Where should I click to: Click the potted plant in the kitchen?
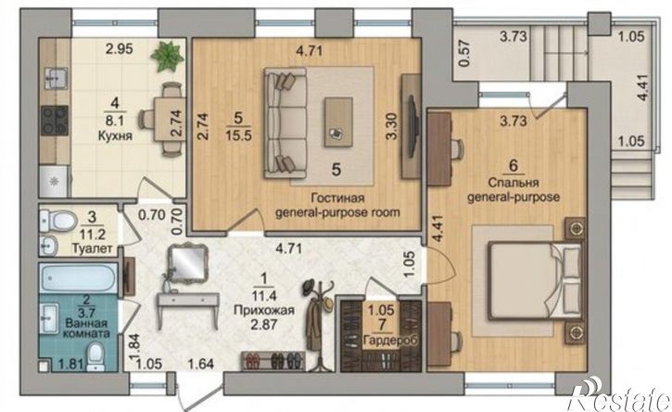point(168,56)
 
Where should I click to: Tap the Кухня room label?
point(115,136)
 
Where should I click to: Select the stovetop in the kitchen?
point(55,121)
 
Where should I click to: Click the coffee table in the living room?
point(338,122)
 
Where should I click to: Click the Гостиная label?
point(337,199)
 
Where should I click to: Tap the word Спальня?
point(514,183)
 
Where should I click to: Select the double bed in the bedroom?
point(535,281)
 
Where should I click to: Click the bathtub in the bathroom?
point(78,277)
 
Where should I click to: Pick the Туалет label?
point(92,249)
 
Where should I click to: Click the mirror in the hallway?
point(187,263)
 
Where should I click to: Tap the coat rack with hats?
point(319,322)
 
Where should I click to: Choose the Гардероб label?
point(390,341)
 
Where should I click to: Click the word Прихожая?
point(264,310)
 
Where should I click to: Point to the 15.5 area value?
point(238,135)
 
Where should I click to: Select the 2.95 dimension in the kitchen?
point(120,49)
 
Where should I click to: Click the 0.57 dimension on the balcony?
point(465,53)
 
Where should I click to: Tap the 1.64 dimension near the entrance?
point(201,365)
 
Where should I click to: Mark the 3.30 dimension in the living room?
point(391,126)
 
